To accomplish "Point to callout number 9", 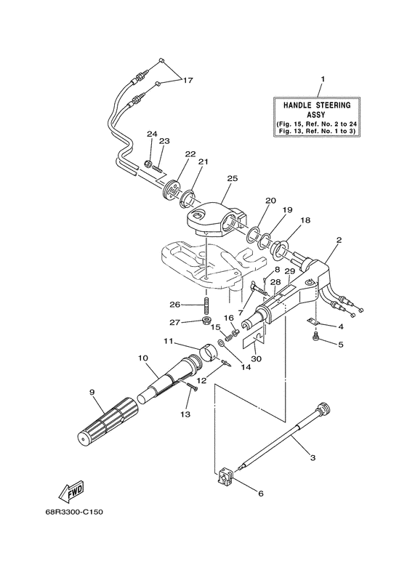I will pos(92,393).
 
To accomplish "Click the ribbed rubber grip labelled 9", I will pos(108,423).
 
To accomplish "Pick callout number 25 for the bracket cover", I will pos(233,178).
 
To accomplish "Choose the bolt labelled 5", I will pos(315,338).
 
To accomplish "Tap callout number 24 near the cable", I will pos(151,134).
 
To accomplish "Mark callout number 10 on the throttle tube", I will pos(143,358).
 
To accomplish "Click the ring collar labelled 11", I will pos(205,357).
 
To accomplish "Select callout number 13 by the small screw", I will pos(185,414).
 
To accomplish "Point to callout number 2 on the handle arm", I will pos(339,239).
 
